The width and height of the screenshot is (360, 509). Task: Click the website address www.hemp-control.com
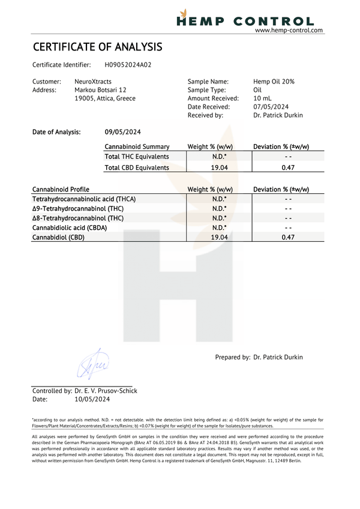click(289, 30)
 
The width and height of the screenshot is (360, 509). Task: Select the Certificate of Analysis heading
click(97, 47)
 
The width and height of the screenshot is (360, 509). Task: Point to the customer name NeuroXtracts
click(93, 81)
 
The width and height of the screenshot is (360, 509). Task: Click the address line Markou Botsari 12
click(100, 90)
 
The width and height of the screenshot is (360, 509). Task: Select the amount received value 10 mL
click(262, 98)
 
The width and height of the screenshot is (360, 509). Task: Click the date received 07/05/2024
click(272, 107)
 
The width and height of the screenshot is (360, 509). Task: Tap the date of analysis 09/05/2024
click(123, 131)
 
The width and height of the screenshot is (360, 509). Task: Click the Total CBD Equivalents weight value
click(220, 167)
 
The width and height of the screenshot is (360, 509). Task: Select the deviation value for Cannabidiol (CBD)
click(288, 238)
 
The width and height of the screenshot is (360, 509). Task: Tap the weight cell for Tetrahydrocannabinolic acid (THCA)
click(220, 199)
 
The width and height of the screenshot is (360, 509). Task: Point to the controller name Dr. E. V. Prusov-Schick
click(106, 391)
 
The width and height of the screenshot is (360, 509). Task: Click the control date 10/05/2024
click(92, 399)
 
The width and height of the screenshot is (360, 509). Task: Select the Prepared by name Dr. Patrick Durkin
click(278, 357)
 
